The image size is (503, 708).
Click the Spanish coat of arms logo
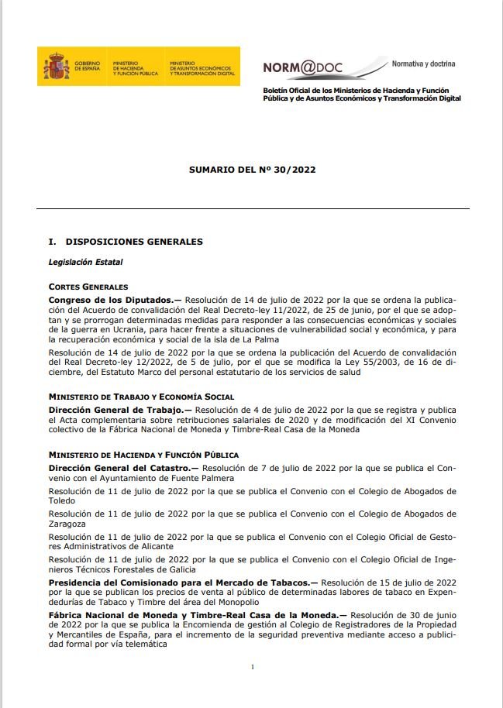pos(55,66)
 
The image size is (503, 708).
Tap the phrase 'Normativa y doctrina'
pos(423,64)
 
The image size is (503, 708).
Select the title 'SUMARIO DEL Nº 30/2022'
pos(252,168)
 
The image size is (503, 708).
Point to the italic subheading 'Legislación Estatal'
pos(85,262)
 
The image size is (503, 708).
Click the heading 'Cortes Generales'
pos(88,287)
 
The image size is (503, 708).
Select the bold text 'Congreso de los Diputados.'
pos(115,299)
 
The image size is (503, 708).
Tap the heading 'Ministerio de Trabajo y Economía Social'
pos(141,397)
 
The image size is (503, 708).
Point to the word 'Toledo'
pos(62,500)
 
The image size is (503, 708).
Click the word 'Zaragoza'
pos(67,523)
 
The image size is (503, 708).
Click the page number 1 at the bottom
pos(252,666)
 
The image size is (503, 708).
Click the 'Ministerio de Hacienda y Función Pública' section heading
pos(143,455)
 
